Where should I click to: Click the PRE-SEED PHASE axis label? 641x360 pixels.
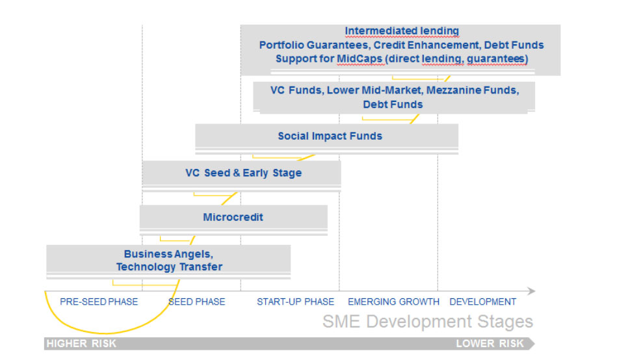[x=99, y=302]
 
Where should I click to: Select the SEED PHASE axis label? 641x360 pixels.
[x=196, y=302]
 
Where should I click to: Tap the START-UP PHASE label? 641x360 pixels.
[x=296, y=302]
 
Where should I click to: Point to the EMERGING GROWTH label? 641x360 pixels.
[x=394, y=302]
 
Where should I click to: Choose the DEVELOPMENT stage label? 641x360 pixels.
[x=483, y=302]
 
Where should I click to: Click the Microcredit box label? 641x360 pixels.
[x=233, y=217]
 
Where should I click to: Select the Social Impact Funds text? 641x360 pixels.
[x=330, y=136]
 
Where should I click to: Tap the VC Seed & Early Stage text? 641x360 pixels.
[x=244, y=173]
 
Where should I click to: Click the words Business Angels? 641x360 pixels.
[x=168, y=254]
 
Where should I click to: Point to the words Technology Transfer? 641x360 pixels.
[x=169, y=267]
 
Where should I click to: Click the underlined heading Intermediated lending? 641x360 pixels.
[x=402, y=31]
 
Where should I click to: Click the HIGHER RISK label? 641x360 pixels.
[x=81, y=344]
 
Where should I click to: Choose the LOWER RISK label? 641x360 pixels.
[x=490, y=344]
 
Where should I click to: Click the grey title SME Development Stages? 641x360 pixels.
[x=428, y=322]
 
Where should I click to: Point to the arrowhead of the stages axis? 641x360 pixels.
[x=531, y=291]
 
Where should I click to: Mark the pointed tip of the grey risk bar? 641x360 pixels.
[x=534, y=344]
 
